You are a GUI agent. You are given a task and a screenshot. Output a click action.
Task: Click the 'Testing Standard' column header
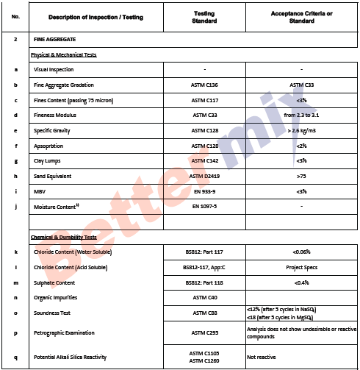204,16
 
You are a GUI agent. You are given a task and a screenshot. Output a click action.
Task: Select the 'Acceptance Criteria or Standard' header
301,16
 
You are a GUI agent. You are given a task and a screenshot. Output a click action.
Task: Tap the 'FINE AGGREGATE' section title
55,38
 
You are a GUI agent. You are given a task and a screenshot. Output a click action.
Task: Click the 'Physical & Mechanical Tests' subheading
64,54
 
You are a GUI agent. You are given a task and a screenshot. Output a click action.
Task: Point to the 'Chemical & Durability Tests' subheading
64,237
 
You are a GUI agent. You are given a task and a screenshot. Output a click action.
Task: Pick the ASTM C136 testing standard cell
204,85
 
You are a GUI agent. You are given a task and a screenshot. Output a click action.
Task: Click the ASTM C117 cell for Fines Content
204,100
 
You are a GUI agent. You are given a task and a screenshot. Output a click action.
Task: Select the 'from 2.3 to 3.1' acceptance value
301,115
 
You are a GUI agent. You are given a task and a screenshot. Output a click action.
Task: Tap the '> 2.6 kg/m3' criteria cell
301,130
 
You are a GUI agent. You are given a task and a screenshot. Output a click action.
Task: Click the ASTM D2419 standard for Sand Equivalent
204,177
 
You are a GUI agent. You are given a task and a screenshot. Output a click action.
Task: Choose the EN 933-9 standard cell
204,191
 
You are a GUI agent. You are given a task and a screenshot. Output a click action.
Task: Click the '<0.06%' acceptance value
301,252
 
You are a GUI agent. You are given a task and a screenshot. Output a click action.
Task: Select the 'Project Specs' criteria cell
301,267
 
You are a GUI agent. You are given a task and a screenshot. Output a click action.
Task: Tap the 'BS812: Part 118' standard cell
204,282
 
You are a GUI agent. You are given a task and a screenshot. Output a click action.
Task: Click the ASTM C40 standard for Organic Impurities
204,297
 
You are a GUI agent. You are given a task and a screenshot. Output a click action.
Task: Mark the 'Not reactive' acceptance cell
262,357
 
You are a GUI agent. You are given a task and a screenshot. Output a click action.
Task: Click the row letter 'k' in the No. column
15,252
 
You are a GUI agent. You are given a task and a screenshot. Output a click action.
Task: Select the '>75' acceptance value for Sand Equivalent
301,177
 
